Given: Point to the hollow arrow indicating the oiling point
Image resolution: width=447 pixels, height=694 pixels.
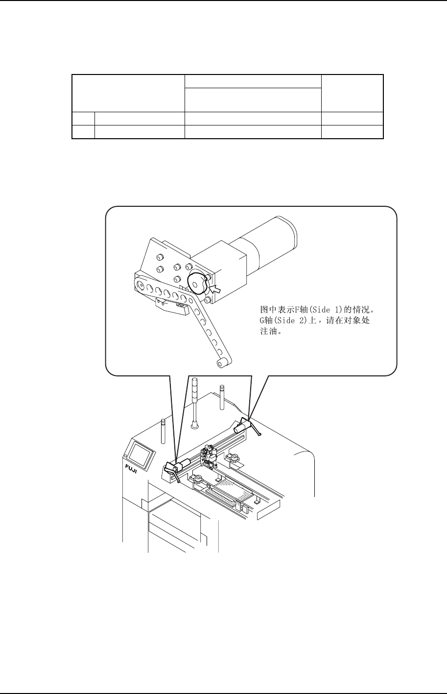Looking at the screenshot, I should coord(215,289).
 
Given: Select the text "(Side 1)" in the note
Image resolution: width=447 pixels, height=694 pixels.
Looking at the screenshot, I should coord(314,310).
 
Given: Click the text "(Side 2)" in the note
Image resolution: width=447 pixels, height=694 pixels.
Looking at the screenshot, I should coord(283,321).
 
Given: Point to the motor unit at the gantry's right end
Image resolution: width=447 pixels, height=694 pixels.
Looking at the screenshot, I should coord(243,425).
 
